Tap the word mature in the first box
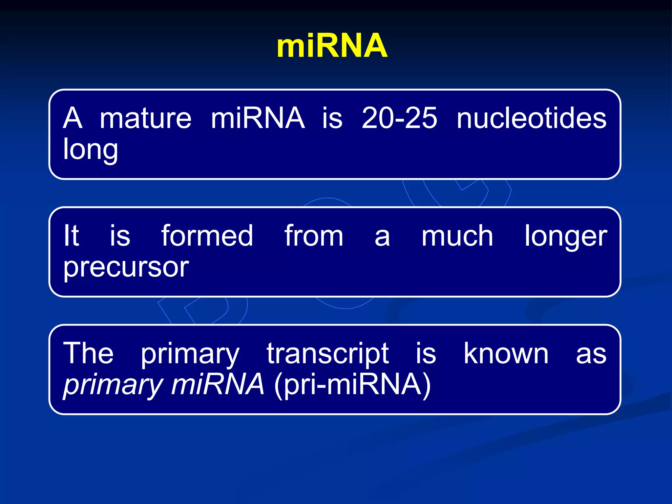[145, 118]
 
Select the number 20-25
[399, 118]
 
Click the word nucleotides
[532, 118]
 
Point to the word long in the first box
[90, 150]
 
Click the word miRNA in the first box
[258, 118]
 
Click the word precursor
[126, 267]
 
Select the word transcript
[327, 354]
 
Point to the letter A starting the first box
[73, 118]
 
